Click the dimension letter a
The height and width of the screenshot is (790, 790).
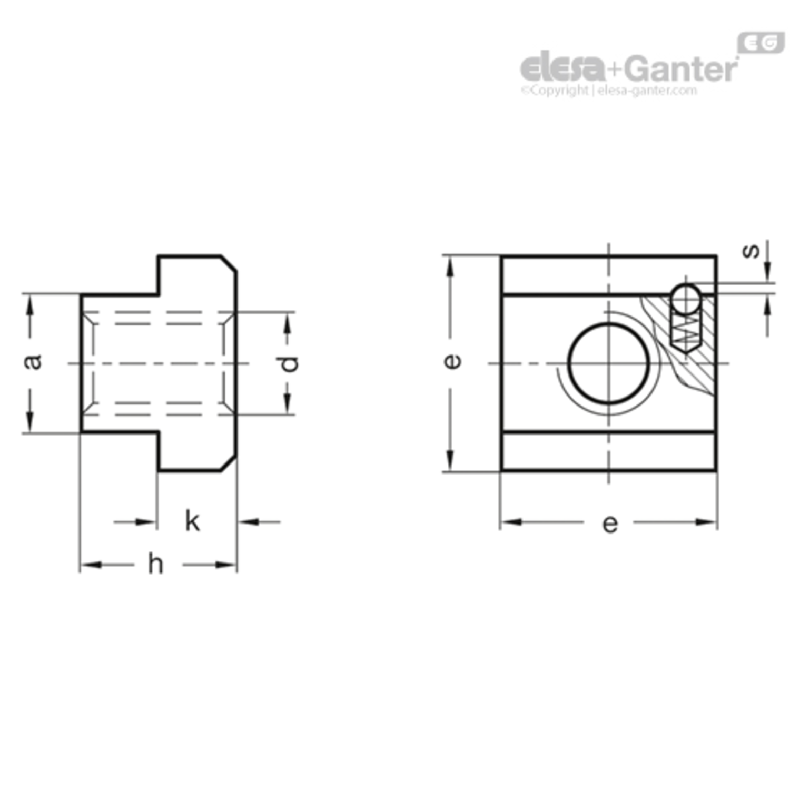33,361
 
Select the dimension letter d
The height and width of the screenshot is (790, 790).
289,363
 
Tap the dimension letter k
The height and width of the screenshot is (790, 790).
192,521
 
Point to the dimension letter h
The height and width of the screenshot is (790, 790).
155,564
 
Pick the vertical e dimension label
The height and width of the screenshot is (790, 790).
452,361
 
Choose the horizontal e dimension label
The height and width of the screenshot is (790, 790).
609,524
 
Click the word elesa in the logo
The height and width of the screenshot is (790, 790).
562,67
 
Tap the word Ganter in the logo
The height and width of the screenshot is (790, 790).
683,68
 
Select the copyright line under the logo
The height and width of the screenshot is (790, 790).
609,90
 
